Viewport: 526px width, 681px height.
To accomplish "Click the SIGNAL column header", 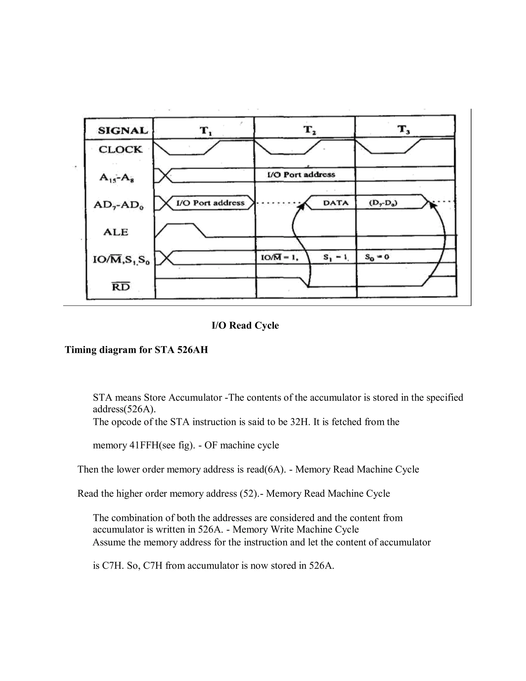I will [123, 130].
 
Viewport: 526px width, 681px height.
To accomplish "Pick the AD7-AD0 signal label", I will [118, 205].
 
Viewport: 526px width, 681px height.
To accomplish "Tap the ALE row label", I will [116, 232].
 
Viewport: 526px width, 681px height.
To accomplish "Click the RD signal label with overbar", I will [121, 287].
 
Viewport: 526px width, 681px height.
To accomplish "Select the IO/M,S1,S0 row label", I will [121, 260].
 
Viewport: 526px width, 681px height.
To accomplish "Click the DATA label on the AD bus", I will [336, 203].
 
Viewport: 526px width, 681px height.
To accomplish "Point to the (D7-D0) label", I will [383, 203].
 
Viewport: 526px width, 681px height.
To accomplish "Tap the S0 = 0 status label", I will [377, 257].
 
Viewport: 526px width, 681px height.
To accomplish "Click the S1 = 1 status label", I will [335, 257].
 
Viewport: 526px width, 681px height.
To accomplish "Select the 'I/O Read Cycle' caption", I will [245, 326].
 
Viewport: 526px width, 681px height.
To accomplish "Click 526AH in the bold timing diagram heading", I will [193, 350].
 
